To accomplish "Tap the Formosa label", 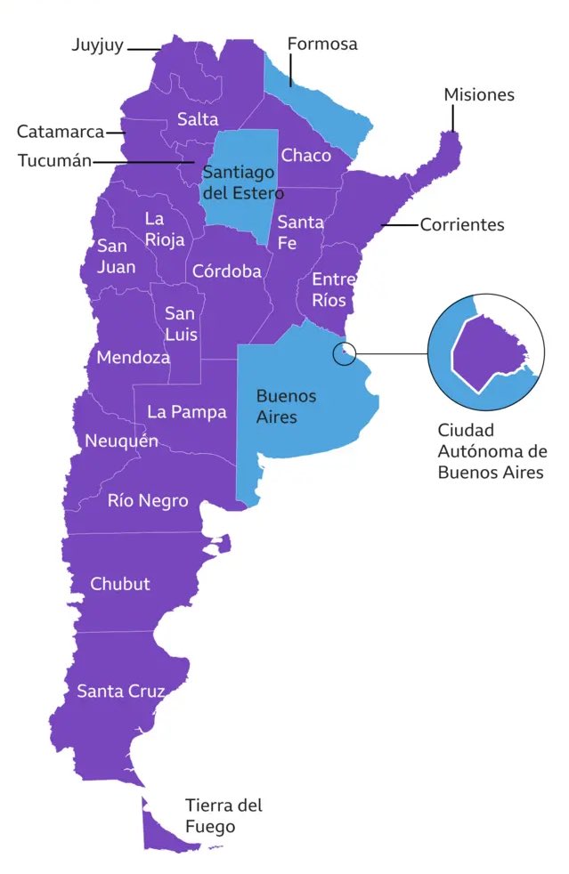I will pyautogui.click(x=321, y=44).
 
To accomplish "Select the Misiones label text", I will pyautogui.click(x=479, y=95).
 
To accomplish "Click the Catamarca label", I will pyautogui.click(x=59, y=133).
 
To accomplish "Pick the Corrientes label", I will pyautogui.click(x=462, y=225).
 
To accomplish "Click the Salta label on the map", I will pyautogui.click(x=198, y=119).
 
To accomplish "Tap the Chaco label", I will pyautogui.click(x=305, y=156).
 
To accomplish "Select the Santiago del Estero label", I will pyautogui.click(x=243, y=182).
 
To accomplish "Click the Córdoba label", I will pyautogui.click(x=227, y=271).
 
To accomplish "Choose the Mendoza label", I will pyautogui.click(x=133, y=358).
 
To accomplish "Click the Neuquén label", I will pyautogui.click(x=122, y=441).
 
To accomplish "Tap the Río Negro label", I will pyautogui.click(x=148, y=501).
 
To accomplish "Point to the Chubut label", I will pyautogui.click(x=120, y=584).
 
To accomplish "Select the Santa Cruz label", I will pyautogui.click(x=120, y=691).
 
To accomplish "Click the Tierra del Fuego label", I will pyautogui.click(x=224, y=815).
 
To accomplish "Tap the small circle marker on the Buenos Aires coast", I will pyautogui.click(x=344, y=353).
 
